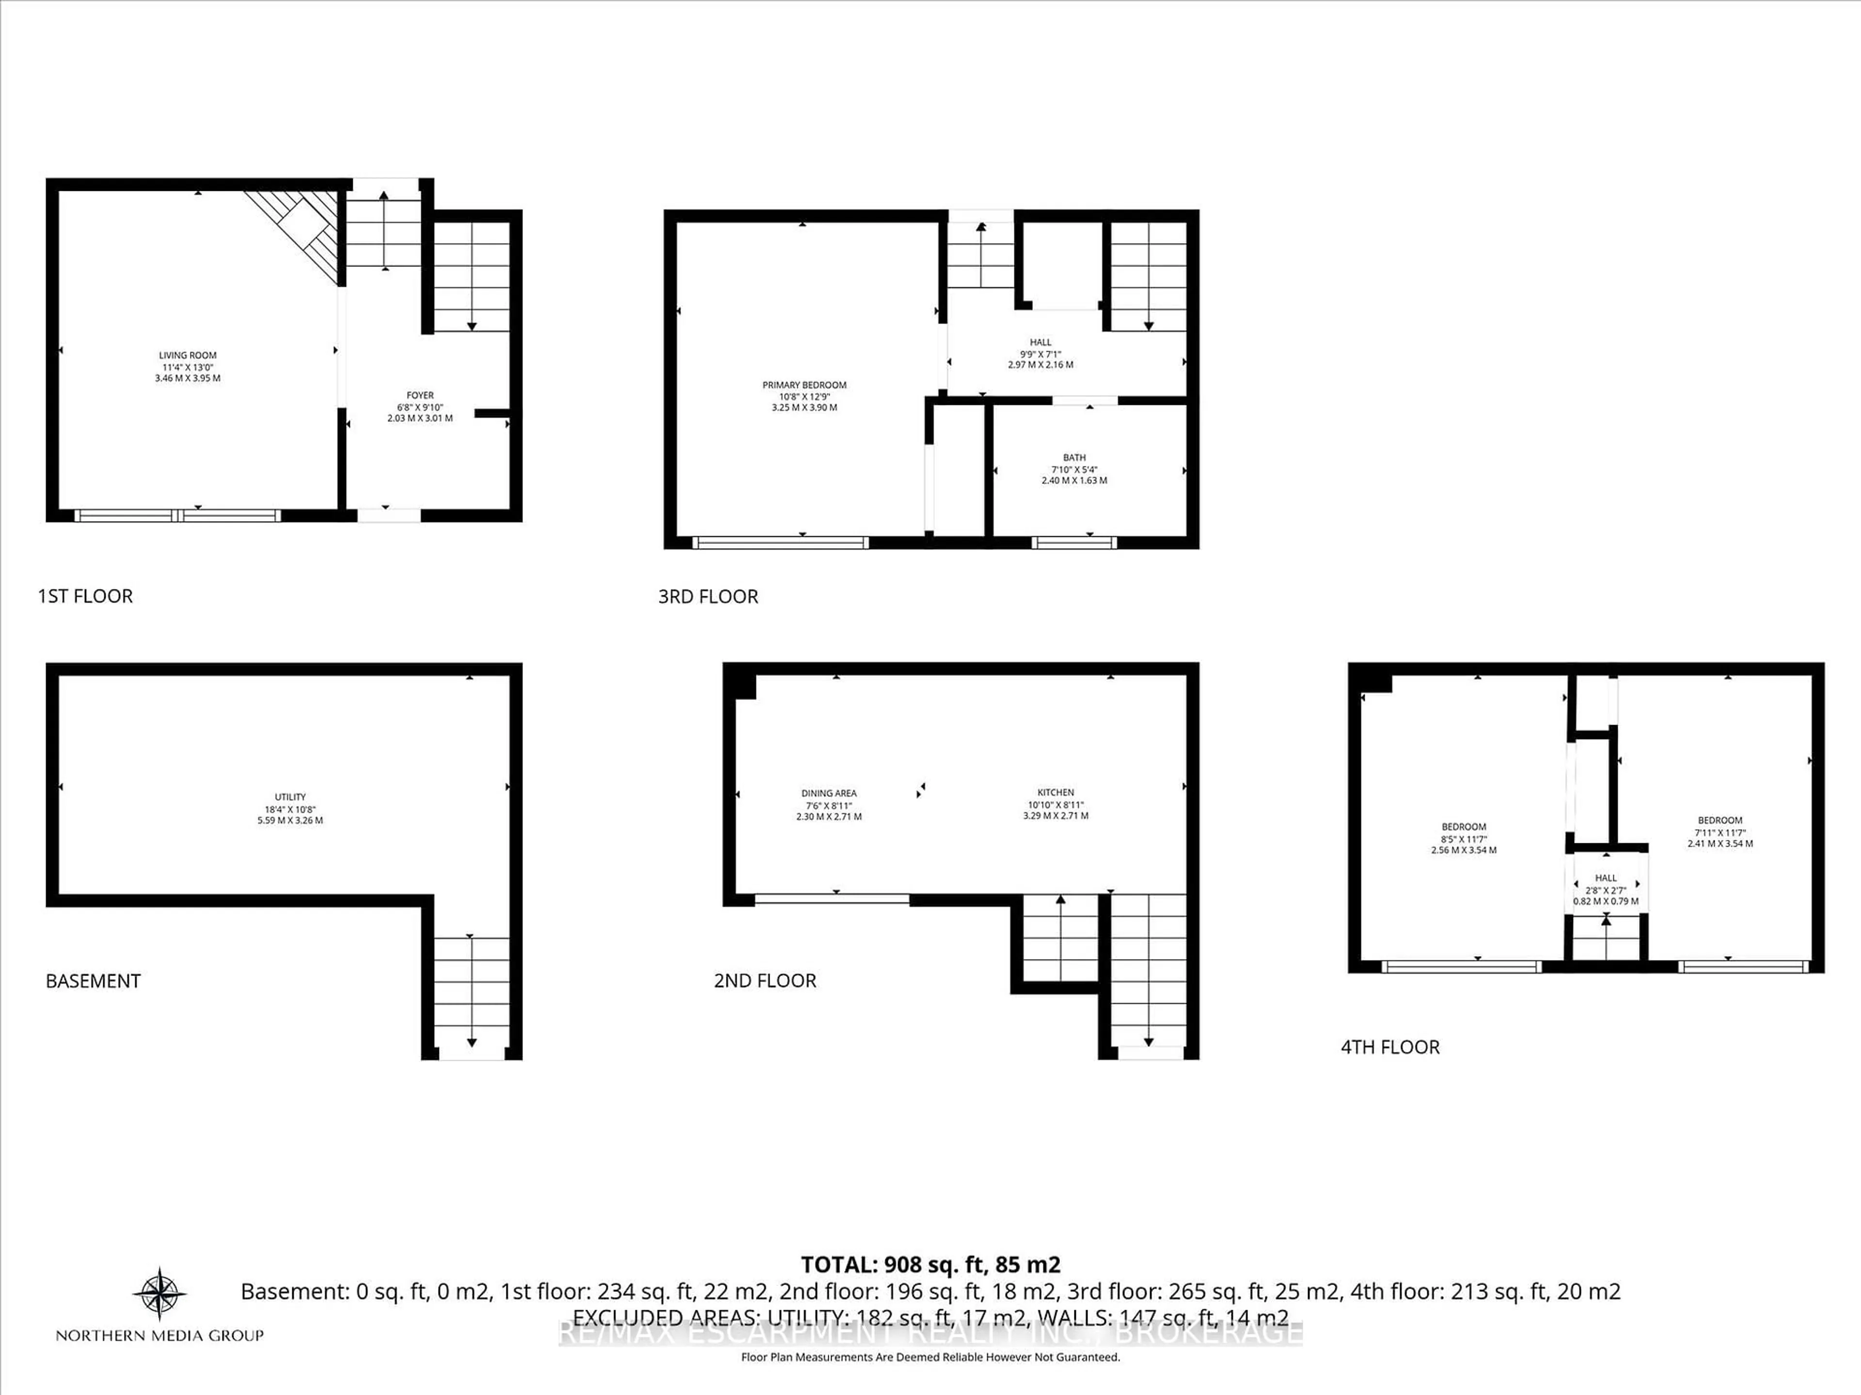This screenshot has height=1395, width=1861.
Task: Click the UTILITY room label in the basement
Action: tap(290, 797)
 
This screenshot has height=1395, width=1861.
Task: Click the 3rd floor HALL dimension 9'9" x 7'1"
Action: tap(1040, 354)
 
